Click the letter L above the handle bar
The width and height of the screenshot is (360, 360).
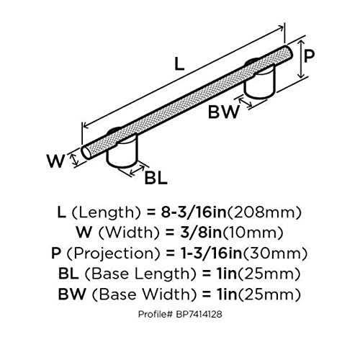179,64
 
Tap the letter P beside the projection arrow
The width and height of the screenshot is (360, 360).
309,55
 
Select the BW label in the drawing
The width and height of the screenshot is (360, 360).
224,112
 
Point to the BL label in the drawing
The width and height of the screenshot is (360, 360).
156,178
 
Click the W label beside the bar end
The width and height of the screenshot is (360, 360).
56,161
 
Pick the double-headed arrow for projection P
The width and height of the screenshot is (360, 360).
301,59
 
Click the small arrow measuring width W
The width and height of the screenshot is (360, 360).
75,160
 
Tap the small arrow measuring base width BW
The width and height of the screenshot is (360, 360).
246,102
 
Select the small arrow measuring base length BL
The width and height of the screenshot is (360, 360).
137,170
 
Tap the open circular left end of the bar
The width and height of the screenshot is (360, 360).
86,152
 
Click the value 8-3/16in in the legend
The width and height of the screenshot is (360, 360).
194,212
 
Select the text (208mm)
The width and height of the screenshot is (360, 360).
264,212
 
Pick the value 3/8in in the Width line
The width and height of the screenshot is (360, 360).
201,233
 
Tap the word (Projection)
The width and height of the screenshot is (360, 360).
113,253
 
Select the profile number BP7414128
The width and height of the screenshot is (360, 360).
199,314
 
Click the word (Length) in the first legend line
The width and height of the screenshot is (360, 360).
106,212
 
